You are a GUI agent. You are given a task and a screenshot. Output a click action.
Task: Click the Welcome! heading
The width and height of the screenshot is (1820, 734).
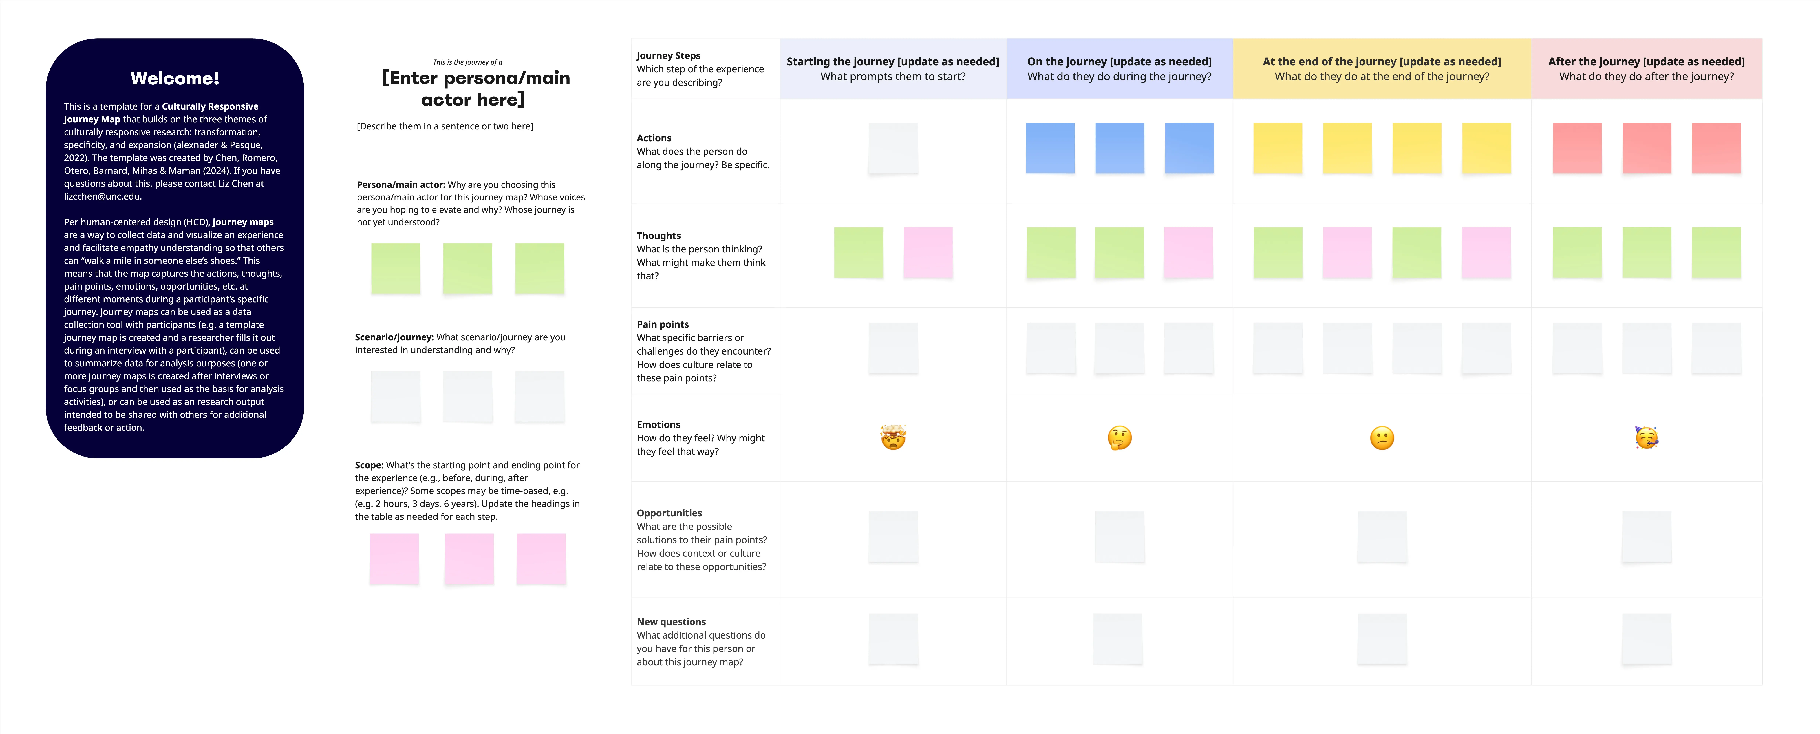tap(175, 79)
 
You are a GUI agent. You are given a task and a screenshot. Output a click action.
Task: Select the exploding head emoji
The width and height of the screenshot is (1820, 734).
tap(893, 438)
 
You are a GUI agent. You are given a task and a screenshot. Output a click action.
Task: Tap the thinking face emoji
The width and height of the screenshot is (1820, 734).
tap(1119, 438)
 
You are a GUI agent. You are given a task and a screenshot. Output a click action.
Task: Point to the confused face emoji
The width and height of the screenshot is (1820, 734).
tap(1382, 438)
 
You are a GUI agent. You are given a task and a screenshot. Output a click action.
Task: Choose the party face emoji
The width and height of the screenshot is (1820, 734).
tap(1646, 438)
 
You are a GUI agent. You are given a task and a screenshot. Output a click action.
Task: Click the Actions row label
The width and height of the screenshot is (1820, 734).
tap(654, 138)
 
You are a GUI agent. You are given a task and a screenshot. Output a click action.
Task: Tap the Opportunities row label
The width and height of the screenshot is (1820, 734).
tap(669, 513)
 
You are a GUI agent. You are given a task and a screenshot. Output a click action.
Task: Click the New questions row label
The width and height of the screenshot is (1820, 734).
tap(671, 622)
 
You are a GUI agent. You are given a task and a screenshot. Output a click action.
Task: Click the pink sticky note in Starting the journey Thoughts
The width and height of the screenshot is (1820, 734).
tap(928, 252)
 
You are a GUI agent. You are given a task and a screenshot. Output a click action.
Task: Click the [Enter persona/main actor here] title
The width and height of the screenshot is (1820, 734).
tap(475, 88)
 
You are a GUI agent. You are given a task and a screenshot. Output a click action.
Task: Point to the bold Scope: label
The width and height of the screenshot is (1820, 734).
tap(369, 465)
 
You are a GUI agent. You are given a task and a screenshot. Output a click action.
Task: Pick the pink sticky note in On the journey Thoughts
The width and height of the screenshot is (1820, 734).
tap(1188, 252)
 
